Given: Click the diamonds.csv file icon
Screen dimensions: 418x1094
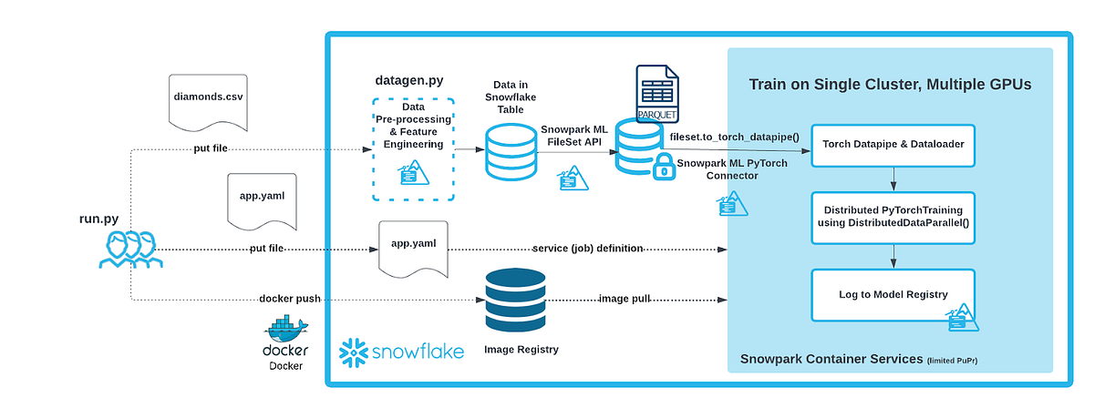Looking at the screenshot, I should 208,101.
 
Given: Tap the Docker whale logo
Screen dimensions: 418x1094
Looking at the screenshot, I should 285,329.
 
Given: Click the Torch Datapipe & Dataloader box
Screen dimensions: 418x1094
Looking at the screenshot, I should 893,144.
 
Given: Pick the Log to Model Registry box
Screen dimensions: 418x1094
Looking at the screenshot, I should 893,293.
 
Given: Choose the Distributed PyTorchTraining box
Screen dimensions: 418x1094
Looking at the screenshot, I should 893,217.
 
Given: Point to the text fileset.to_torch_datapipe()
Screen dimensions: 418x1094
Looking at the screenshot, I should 734,137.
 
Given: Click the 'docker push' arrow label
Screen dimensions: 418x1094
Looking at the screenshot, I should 288,299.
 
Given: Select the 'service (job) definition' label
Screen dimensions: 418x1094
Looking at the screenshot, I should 590,249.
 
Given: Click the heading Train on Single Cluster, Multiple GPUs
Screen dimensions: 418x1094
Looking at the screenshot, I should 891,85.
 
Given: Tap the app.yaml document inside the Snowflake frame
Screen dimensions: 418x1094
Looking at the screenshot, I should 412,247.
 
